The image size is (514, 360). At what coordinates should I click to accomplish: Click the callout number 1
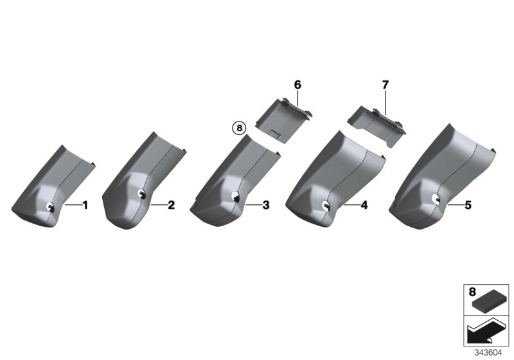pos(85,205)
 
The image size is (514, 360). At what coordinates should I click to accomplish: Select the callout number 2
pos(171,205)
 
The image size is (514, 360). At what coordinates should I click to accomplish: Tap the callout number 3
pos(266,205)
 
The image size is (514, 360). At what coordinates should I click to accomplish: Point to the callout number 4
pos(364,205)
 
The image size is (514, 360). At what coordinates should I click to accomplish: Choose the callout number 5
pos(468,205)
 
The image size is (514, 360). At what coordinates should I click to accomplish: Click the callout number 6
pos(297,85)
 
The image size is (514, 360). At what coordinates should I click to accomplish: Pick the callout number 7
pos(385,85)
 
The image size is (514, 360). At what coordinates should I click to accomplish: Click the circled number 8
pos(239,127)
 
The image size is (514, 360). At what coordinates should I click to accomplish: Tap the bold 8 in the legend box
pos(472,292)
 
